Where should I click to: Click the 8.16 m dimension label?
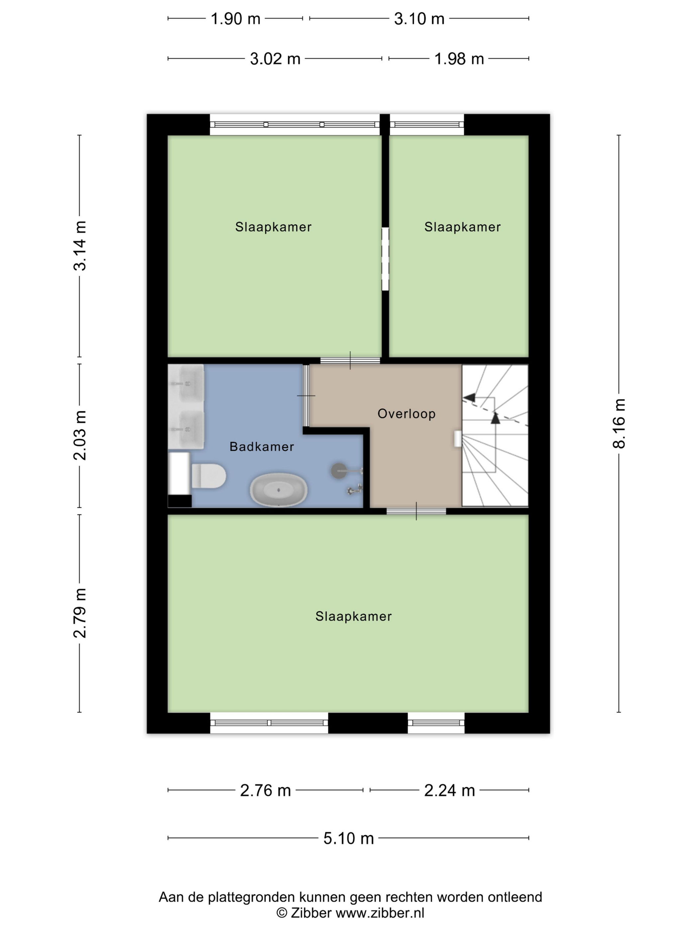click(x=619, y=423)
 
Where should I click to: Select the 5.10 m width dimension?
click(x=348, y=838)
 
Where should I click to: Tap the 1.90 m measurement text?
click(x=236, y=19)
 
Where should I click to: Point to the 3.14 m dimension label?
click(x=79, y=245)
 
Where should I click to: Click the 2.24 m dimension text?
click(x=449, y=790)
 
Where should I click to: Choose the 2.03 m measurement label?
click(x=79, y=435)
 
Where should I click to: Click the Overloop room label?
click(x=407, y=414)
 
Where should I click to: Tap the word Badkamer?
click(x=262, y=446)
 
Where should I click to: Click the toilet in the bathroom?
click(x=209, y=476)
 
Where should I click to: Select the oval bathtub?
click(x=279, y=490)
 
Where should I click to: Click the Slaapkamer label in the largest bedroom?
click(x=353, y=616)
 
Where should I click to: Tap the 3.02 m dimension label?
click(x=275, y=59)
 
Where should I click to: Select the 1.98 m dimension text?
click(x=459, y=59)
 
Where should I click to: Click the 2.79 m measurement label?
click(x=79, y=613)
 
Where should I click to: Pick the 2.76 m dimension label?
click(x=266, y=790)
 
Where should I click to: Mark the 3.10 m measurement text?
click(x=419, y=19)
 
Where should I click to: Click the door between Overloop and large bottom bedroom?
click(x=416, y=511)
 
